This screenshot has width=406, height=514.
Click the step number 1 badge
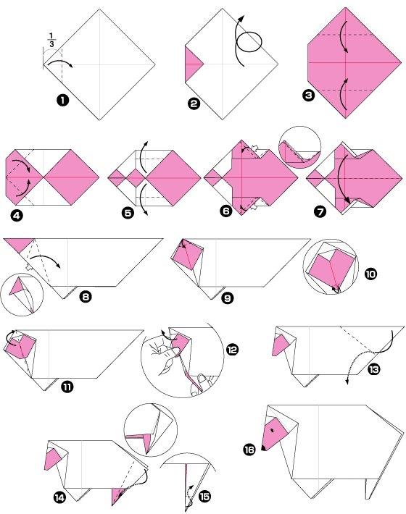(x=62, y=100)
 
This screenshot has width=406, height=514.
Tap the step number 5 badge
(x=128, y=213)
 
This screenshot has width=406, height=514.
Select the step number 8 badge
(x=86, y=298)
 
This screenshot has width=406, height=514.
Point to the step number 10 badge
(x=370, y=274)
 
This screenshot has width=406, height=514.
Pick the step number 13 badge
(x=373, y=369)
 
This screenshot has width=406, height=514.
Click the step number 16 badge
(x=249, y=449)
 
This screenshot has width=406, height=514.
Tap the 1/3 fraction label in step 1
(x=51, y=40)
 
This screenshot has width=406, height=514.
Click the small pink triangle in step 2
(x=192, y=64)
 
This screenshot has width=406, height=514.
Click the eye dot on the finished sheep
(x=273, y=431)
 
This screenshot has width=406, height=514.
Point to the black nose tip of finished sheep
(x=263, y=447)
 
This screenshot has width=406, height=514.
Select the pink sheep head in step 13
(x=281, y=345)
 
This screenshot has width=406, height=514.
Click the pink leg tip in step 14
(x=118, y=496)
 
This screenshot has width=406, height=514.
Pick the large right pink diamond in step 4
(x=71, y=177)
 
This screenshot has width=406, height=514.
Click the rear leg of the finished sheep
(x=372, y=489)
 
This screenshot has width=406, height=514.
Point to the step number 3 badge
(x=309, y=96)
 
